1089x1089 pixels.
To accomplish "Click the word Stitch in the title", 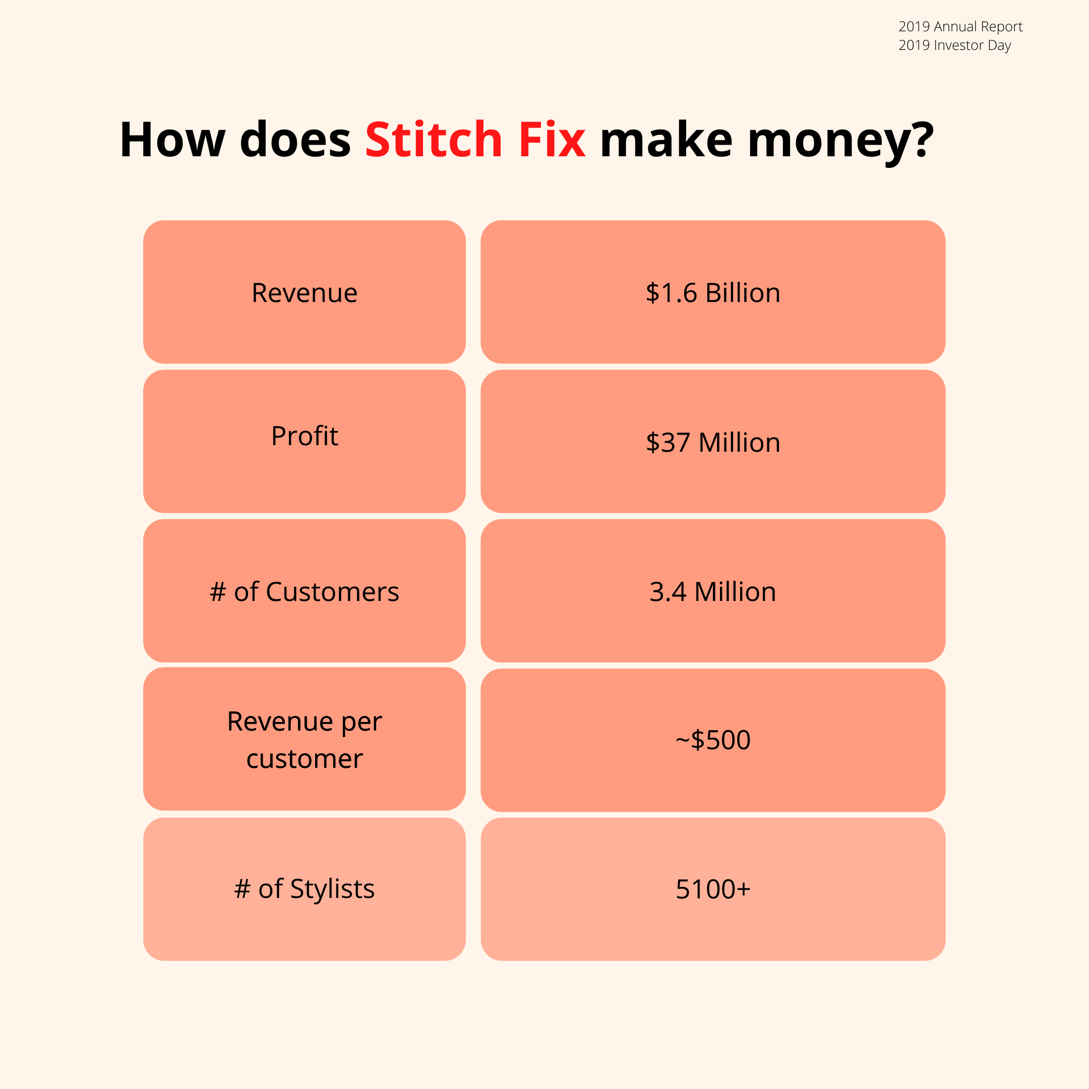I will pyautogui.click(x=434, y=139).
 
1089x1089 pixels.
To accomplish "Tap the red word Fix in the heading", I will pyautogui.click(x=552, y=139).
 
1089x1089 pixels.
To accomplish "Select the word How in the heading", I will pyautogui.click(x=172, y=139).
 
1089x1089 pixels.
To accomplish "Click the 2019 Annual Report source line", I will pyautogui.click(x=960, y=27).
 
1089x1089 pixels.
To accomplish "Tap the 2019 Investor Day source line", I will pyautogui.click(x=954, y=45).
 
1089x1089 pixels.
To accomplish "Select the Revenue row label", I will pyautogui.click(x=305, y=292).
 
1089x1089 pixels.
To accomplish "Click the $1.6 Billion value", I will pyautogui.click(x=712, y=292).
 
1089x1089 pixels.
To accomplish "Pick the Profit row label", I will pyautogui.click(x=305, y=436).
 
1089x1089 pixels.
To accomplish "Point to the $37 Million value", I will pyautogui.click(x=712, y=443).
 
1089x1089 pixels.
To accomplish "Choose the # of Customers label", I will pyautogui.click(x=305, y=592).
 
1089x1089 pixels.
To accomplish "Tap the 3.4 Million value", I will pyautogui.click(x=712, y=592).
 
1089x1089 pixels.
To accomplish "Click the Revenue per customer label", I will pyautogui.click(x=305, y=740).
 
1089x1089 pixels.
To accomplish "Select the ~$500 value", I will pyautogui.click(x=712, y=740).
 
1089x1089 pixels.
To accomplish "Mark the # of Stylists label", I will pyautogui.click(x=305, y=889).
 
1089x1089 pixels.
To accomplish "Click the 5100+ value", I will pyautogui.click(x=712, y=889).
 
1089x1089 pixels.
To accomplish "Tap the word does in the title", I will pyautogui.click(x=295, y=139).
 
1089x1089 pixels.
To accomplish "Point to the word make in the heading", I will pyautogui.click(x=666, y=139).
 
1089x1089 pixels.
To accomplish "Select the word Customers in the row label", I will pyautogui.click(x=332, y=592).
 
